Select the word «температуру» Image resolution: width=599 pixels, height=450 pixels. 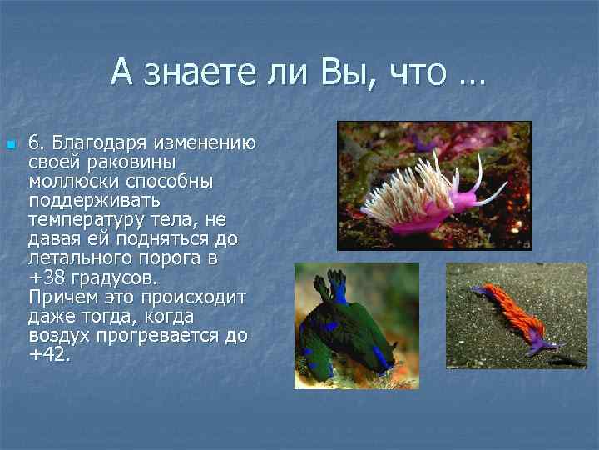click(84, 220)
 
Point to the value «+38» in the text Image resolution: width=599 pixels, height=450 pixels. click(45, 278)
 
